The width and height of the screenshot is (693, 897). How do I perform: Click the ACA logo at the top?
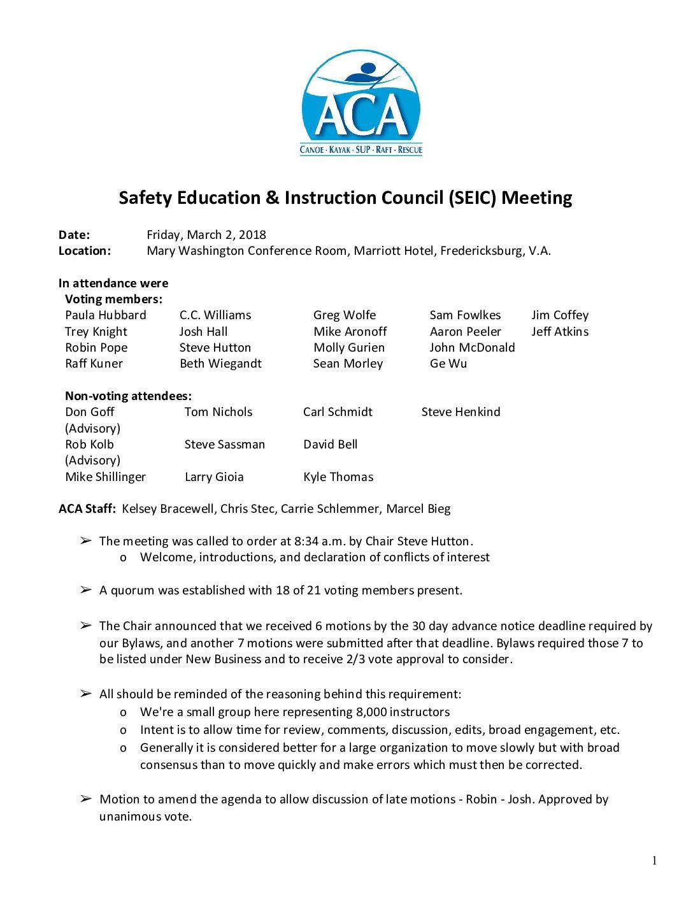point(361,103)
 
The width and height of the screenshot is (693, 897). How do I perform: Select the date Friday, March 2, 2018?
point(206,234)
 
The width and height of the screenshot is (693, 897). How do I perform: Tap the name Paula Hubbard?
point(106,315)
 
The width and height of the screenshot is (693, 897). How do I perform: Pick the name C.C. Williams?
point(215,315)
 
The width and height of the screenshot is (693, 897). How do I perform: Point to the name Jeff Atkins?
point(560,331)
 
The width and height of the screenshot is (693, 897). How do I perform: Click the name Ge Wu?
point(448,363)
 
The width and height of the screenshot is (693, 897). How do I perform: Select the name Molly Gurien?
point(349,347)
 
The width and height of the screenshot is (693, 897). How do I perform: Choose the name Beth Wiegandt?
point(220,363)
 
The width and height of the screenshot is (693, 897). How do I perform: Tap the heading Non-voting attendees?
point(128,396)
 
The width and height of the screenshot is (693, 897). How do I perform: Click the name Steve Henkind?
point(461,412)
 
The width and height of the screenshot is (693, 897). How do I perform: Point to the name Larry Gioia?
point(214,477)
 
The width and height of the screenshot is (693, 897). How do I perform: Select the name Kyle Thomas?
point(338,477)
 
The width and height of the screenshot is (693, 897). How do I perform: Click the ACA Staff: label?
point(87,508)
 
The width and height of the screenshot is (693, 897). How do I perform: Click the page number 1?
point(654,861)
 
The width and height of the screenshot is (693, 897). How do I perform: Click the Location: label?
point(85,250)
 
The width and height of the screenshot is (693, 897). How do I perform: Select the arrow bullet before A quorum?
point(86,590)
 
